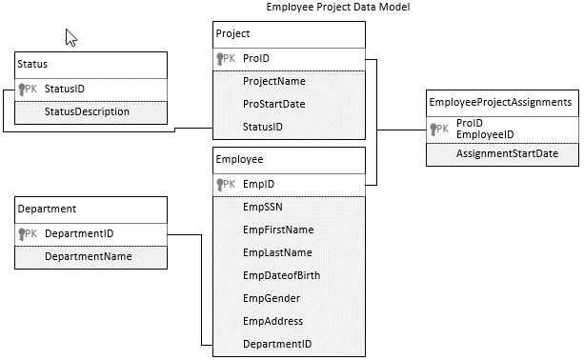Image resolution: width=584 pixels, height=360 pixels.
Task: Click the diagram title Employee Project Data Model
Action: tap(337, 8)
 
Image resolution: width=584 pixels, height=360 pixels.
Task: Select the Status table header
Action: tap(34, 64)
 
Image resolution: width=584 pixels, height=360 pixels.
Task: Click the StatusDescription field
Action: tap(87, 111)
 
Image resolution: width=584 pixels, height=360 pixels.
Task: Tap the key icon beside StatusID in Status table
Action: tap(22, 90)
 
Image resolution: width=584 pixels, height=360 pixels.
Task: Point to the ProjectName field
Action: tap(274, 81)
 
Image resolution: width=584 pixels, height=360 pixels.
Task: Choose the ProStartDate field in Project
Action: tap(274, 104)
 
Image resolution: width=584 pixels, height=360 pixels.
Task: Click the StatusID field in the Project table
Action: tap(263, 127)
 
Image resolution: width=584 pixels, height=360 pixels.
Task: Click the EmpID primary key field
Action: tap(259, 183)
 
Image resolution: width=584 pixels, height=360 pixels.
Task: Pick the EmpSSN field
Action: tap(263, 206)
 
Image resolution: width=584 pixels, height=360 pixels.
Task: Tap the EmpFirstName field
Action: tap(278, 230)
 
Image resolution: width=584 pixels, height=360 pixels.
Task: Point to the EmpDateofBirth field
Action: tap(283, 275)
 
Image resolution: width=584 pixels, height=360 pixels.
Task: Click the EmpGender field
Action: tap(272, 298)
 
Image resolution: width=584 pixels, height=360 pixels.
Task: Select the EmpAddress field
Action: tap(272, 321)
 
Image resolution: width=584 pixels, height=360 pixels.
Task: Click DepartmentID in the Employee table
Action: tap(277, 344)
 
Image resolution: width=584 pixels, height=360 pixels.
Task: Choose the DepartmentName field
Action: tap(89, 256)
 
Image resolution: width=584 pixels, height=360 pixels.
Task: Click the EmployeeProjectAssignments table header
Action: tap(500, 101)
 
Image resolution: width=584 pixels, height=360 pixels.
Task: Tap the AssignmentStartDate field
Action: tap(507, 153)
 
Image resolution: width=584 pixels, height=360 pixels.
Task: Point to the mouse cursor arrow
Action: tap(70, 37)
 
